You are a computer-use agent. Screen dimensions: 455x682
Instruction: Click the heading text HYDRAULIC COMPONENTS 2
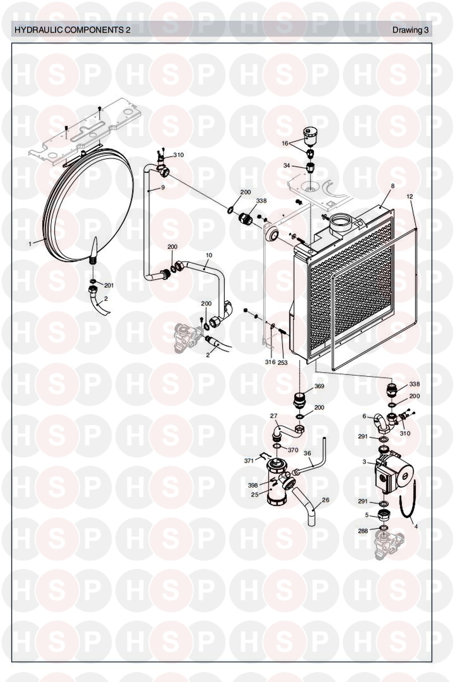click(72, 30)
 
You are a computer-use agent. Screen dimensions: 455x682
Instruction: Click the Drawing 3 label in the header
click(410, 30)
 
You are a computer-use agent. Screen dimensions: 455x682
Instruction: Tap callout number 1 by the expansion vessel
click(30, 244)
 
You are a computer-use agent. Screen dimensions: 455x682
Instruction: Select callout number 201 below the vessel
click(109, 285)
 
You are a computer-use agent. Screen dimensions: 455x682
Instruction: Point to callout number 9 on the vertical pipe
click(163, 188)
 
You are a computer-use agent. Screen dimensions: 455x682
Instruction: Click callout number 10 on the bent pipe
click(209, 255)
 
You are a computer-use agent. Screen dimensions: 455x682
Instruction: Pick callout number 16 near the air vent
click(285, 144)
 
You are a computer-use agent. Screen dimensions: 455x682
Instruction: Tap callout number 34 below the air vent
click(287, 166)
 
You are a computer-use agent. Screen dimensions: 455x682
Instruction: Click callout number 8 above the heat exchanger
click(393, 186)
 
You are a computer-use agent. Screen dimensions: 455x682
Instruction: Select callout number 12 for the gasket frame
click(410, 197)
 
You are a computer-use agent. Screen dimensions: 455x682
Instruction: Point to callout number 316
click(270, 362)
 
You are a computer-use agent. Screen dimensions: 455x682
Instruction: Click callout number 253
click(283, 362)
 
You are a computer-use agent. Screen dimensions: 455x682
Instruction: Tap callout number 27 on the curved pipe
click(274, 416)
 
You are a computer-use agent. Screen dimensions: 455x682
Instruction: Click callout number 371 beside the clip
click(249, 461)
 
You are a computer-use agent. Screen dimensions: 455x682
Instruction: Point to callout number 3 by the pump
click(364, 462)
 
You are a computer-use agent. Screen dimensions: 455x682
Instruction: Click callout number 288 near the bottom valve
click(363, 531)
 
